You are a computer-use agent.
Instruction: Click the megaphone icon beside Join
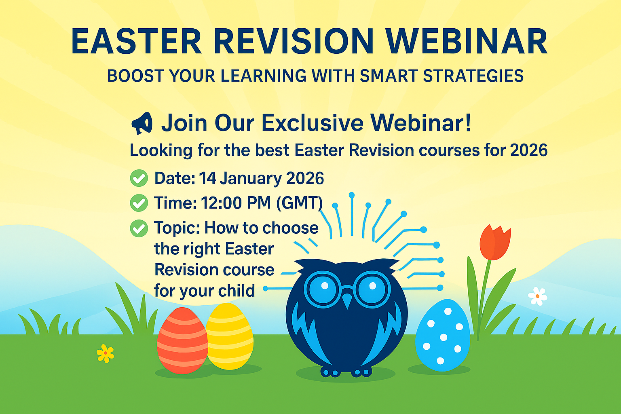[x=142, y=123]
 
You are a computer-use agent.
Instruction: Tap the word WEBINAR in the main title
[x=467, y=41]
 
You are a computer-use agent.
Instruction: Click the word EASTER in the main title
[x=136, y=41]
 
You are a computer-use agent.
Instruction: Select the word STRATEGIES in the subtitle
[x=473, y=76]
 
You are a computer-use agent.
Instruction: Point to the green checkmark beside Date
[x=139, y=178]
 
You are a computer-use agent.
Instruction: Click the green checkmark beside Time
[x=139, y=203]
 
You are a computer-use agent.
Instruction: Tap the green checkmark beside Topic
[x=139, y=228]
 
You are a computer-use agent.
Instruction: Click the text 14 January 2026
[x=261, y=178]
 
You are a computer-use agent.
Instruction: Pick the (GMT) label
[x=300, y=203]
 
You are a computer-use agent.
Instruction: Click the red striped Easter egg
[x=182, y=340]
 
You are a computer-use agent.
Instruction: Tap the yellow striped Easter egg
[x=230, y=336]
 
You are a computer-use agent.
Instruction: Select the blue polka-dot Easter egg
[x=443, y=335]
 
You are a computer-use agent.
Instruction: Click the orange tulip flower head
[x=495, y=242]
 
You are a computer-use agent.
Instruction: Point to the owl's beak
[x=347, y=300]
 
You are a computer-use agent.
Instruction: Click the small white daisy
[x=538, y=296]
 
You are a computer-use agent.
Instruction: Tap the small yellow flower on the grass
[x=106, y=353]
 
